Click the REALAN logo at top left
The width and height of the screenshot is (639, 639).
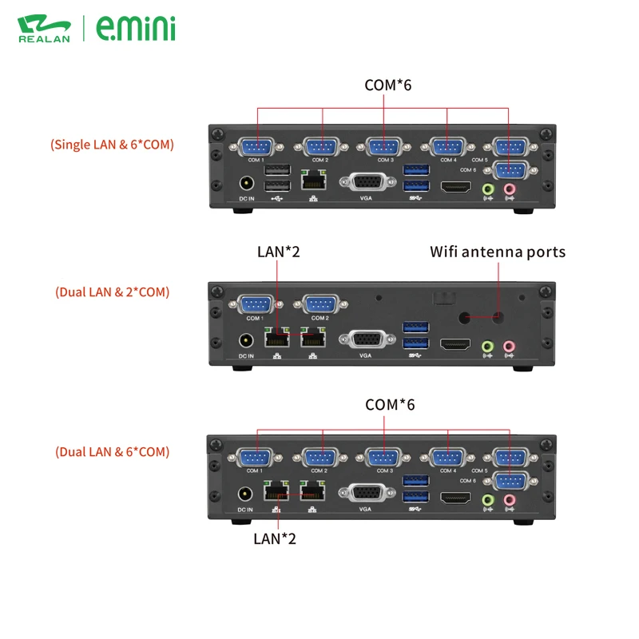(45, 28)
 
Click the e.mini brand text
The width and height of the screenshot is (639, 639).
(136, 28)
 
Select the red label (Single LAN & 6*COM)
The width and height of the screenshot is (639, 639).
(112, 145)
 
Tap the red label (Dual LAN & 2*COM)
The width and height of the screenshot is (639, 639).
(113, 292)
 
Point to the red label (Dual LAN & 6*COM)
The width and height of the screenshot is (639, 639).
(113, 451)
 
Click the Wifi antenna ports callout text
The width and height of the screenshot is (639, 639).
(498, 252)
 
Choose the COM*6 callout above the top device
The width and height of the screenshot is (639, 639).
(387, 84)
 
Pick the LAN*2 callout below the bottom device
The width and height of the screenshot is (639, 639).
(275, 538)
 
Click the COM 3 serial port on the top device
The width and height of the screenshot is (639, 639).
(383, 147)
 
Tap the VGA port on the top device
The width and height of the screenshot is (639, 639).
(367, 182)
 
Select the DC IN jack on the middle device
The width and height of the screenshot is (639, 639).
(247, 341)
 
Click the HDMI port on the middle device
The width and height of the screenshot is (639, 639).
(455, 344)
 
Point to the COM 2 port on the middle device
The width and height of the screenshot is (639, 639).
(319, 305)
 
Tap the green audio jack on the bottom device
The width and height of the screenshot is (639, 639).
(489, 499)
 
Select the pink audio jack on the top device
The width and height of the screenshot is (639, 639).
(510, 189)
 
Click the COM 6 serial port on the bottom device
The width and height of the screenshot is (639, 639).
(509, 481)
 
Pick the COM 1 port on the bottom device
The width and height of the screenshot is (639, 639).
(255, 458)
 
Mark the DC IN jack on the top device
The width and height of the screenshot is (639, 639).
(247, 185)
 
